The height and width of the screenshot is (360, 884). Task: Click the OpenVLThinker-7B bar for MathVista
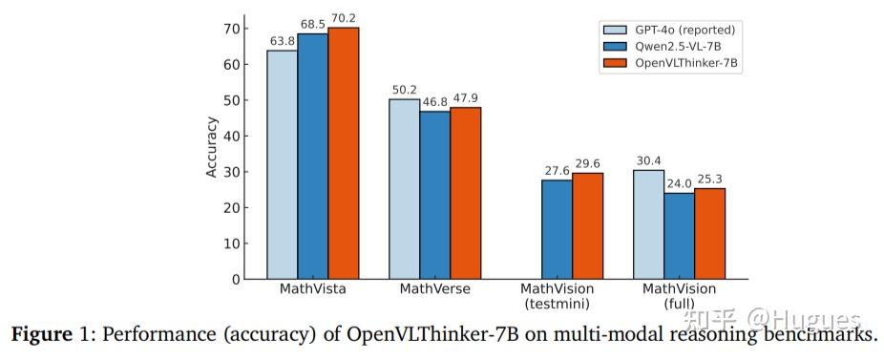pyautogui.click(x=344, y=153)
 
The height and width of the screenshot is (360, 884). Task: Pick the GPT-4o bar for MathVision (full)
pyautogui.click(x=648, y=224)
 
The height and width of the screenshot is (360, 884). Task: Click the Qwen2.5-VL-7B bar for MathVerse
pyautogui.click(x=435, y=195)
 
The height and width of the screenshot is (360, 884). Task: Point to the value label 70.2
pyautogui.click(x=344, y=17)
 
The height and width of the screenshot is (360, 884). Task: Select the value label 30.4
pyautogui.click(x=648, y=160)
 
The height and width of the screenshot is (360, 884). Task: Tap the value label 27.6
pyautogui.click(x=558, y=170)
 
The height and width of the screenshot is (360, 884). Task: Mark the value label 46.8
pyautogui.click(x=435, y=101)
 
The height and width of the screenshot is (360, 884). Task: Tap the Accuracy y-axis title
pyautogui.click(x=211, y=147)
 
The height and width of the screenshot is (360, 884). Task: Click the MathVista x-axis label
pyautogui.click(x=312, y=289)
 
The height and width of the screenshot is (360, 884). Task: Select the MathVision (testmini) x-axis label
pyautogui.click(x=558, y=296)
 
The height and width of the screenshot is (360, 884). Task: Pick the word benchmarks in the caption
pyautogui.click(x=819, y=336)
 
